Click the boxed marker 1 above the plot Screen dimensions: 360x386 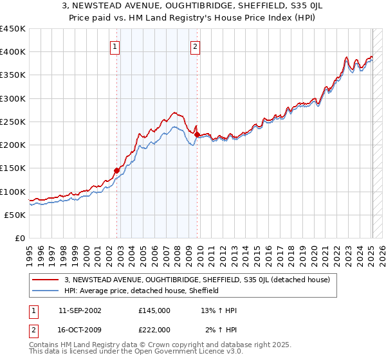(115, 46)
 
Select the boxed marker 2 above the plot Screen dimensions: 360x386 (194, 46)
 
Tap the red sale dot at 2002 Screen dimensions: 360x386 (117, 170)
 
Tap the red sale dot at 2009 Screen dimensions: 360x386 (197, 134)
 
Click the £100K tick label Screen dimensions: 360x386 (13, 192)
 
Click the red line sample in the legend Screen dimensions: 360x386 (46, 280)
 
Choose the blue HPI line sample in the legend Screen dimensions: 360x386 (46, 291)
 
